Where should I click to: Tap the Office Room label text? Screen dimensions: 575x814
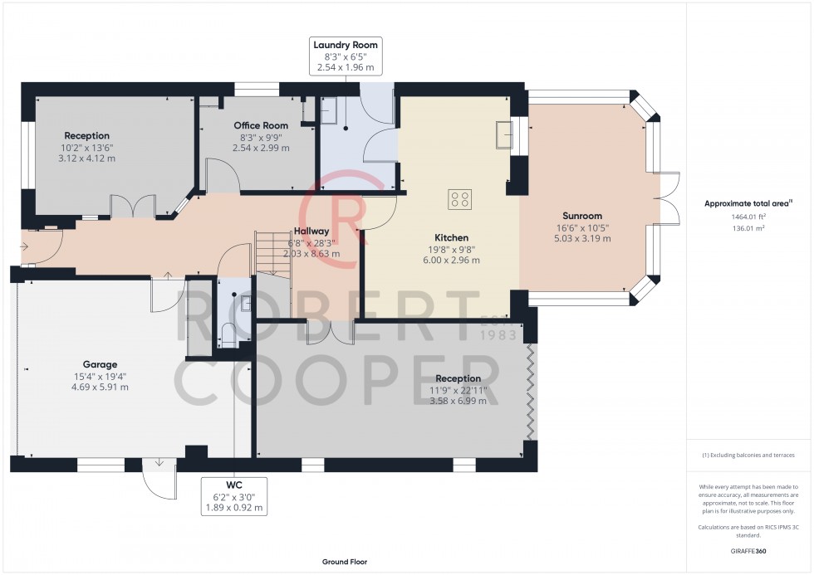[261, 125]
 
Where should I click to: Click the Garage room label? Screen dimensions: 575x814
[100, 364]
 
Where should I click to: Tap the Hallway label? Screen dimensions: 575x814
[311, 231]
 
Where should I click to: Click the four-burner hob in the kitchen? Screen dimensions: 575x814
[460, 199]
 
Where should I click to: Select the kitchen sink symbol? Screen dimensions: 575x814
[504, 134]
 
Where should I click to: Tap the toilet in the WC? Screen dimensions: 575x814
[230, 334]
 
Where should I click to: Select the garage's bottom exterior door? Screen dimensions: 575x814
[158, 475]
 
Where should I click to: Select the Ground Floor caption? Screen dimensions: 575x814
[345, 562]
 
